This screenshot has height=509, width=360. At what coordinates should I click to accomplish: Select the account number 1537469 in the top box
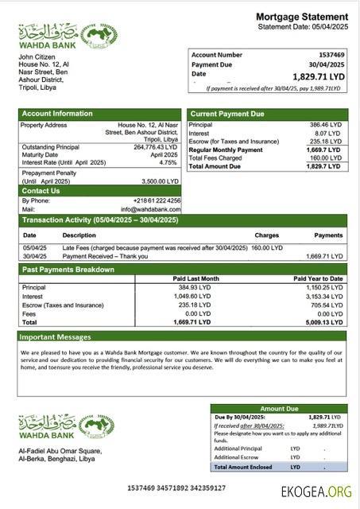[329, 55]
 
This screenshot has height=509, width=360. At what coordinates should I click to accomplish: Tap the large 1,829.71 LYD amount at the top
[319, 76]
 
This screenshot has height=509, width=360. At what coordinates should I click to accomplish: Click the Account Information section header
[57, 114]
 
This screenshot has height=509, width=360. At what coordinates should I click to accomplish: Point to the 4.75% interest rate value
[168, 162]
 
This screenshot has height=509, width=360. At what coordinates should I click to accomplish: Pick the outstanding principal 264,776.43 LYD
[155, 147]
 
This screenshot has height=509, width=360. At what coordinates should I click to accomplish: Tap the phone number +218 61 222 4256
[157, 200]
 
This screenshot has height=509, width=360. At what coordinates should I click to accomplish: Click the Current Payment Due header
[227, 114]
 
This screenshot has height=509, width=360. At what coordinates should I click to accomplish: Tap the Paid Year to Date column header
[317, 278]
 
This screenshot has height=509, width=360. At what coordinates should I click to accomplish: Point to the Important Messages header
[56, 336]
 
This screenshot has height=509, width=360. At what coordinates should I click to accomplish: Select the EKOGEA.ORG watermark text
[315, 492]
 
